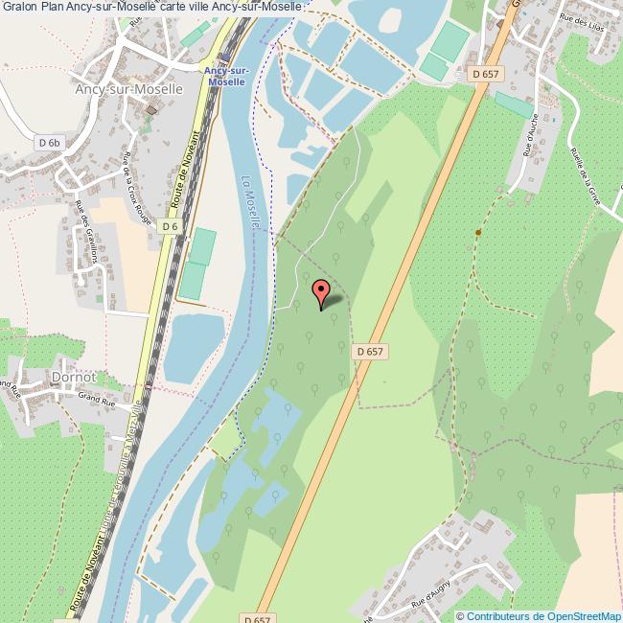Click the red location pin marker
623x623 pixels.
[320, 292]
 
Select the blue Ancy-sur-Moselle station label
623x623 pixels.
[226, 77]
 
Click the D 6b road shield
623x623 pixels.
[49, 143]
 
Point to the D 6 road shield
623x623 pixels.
[170, 226]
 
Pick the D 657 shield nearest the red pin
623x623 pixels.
[370, 352]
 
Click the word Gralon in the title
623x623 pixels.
[18, 7]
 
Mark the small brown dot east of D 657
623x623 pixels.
[477, 231]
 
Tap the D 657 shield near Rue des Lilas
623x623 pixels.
[487, 73]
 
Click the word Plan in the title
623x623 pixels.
[52, 7]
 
